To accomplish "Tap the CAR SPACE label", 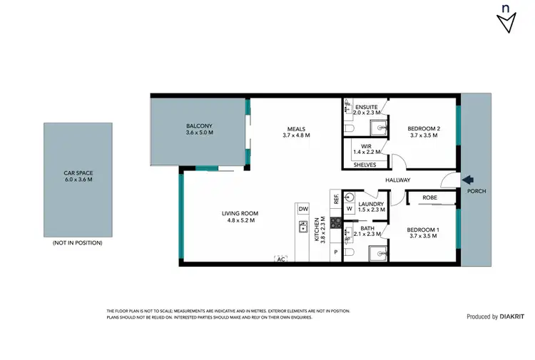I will [78, 173].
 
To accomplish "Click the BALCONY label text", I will [199, 126].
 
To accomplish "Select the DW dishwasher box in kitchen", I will [303, 209].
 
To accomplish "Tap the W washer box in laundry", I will [349, 210].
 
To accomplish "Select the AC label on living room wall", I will [280, 259].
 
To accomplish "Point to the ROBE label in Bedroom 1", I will [429, 197].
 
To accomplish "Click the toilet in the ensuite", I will [350, 128].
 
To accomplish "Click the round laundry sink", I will [350, 196].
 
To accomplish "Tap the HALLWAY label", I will [397, 180].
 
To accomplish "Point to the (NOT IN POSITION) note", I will [78, 243].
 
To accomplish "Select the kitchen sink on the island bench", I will [302, 229].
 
